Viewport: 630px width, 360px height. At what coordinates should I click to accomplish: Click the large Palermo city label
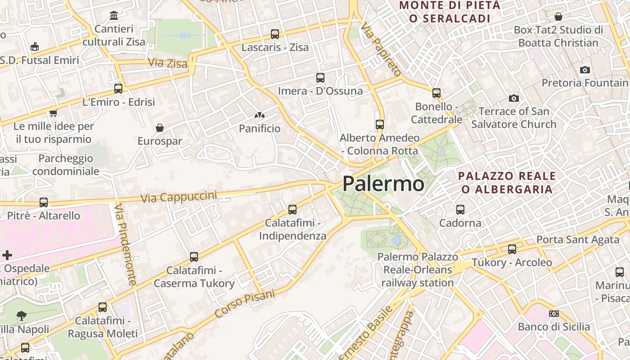click(383, 184)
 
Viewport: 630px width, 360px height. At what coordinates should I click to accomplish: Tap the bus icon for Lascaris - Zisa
click(275, 34)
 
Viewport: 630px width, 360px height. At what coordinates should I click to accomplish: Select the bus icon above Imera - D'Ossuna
click(320, 78)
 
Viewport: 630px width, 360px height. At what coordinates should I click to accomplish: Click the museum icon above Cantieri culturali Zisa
click(114, 16)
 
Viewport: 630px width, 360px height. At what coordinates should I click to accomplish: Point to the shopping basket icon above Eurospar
click(160, 128)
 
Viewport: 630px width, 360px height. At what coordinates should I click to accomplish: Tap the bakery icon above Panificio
click(259, 116)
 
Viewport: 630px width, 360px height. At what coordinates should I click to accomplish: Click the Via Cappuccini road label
click(179, 197)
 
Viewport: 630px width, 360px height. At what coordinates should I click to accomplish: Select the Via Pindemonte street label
click(125, 245)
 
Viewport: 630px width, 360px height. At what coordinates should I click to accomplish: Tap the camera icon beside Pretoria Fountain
click(585, 70)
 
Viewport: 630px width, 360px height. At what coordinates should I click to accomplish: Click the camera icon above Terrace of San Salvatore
click(513, 98)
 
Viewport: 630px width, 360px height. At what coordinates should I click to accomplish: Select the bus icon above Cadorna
click(460, 210)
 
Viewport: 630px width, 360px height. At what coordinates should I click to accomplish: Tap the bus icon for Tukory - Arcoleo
click(512, 249)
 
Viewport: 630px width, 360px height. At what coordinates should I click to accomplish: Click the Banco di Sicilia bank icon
click(554, 314)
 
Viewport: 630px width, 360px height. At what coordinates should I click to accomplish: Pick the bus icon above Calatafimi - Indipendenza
click(292, 210)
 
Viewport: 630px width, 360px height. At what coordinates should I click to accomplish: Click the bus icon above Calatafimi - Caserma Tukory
click(194, 257)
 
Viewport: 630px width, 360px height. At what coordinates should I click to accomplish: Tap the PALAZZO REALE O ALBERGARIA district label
click(507, 182)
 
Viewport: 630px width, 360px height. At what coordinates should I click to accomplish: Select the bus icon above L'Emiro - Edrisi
click(118, 89)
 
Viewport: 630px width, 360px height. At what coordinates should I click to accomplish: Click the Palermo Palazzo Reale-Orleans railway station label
click(418, 270)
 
